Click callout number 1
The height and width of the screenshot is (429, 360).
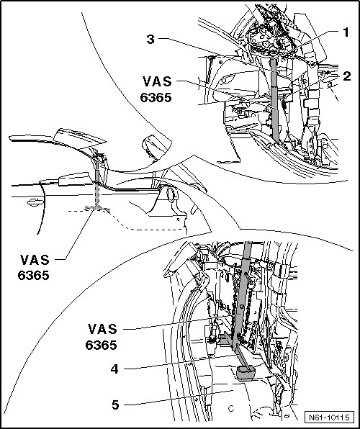click(x=346, y=32)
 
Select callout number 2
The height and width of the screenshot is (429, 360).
click(x=346, y=76)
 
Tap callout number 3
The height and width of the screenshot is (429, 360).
click(x=150, y=39)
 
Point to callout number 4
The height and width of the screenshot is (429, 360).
click(x=114, y=369)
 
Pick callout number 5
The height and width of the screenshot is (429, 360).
click(x=115, y=405)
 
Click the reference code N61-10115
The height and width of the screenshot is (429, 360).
click(x=329, y=417)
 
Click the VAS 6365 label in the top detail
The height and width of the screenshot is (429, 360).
click(x=156, y=89)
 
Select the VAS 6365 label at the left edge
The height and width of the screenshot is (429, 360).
click(x=34, y=267)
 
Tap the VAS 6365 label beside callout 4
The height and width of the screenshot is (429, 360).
click(x=102, y=337)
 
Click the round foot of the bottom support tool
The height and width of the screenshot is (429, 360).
click(x=246, y=374)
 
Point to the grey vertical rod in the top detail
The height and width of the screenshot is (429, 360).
click(x=274, y=101)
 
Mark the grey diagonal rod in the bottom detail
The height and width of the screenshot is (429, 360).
click(x=241, y=296)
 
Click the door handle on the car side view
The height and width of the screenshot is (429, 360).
click(x=35, y=202)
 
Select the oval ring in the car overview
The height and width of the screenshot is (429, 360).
click(x=171, y=194)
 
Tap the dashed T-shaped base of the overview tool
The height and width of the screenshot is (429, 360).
click(x=97, y=209)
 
